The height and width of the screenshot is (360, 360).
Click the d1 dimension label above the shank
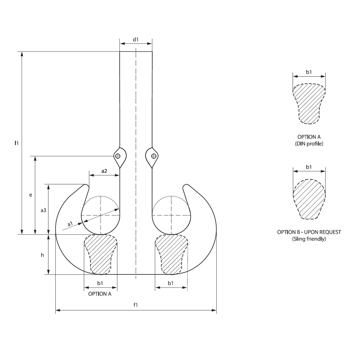point(136,40)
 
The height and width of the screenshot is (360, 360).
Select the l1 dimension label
point(16,143)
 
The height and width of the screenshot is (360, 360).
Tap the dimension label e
point(31,195)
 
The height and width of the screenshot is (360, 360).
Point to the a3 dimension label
point(43,210)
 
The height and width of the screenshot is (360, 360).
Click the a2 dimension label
point(104,171)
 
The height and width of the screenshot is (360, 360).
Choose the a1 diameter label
point(70,224)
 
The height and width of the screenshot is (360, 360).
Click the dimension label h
point(42,255)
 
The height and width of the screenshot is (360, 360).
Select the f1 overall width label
point(136,305)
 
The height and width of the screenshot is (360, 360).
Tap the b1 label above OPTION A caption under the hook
point(100,283)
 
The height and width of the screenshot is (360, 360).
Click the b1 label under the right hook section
point(171,283)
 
